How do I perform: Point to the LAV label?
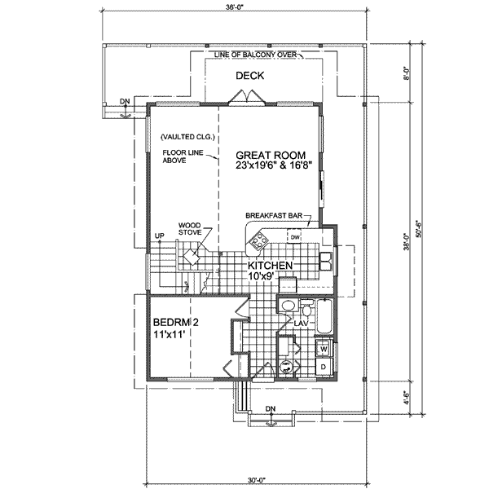coord(300,323)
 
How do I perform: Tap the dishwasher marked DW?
coord(295,237)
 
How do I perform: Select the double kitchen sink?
coord(324,261)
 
